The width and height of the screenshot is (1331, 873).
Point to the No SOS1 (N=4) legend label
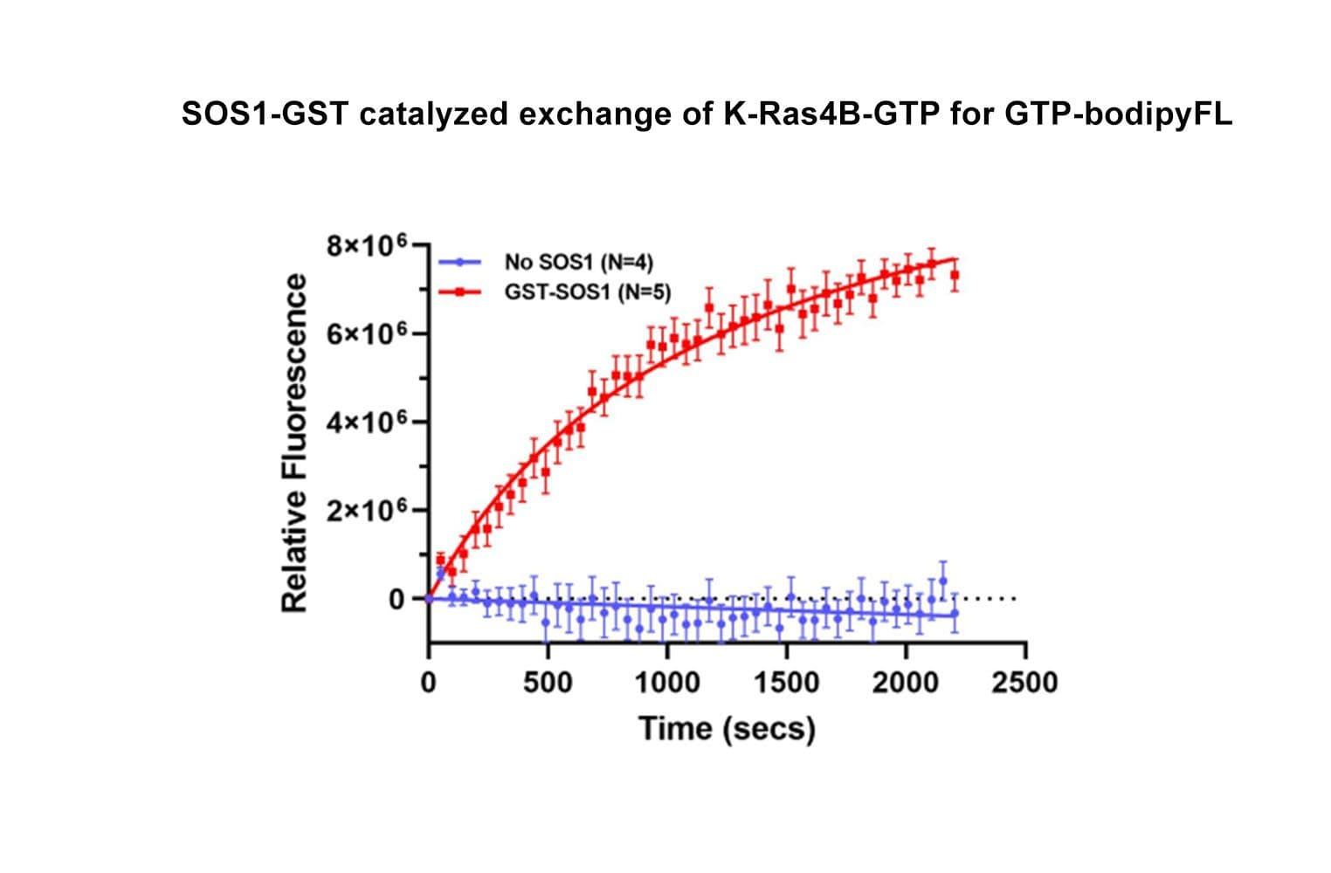pos(578,262)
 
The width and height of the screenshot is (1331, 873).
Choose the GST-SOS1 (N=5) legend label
pos(588,292)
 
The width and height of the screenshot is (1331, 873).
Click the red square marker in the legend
pos(459,292)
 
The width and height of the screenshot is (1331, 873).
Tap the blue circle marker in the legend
pos(459,262)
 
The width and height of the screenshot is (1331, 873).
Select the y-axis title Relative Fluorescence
pos(295,443)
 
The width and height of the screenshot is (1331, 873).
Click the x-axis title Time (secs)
pos(727,728)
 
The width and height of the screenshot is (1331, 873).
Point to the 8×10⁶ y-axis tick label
pos(366,246)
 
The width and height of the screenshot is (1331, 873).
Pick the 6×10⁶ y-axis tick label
pos(366,334)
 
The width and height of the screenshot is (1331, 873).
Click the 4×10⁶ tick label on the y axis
pos(366,423)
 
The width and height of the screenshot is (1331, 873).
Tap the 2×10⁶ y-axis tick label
pos(366,511)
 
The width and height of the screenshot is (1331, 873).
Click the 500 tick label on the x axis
pos(548,682)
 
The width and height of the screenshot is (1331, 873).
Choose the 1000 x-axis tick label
pos(667,682)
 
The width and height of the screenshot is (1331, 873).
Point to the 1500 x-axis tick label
pos(787,682)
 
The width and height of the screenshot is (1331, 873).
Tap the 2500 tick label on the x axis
pos(1024,682)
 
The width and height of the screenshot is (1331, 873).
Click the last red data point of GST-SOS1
pos(955,275)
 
